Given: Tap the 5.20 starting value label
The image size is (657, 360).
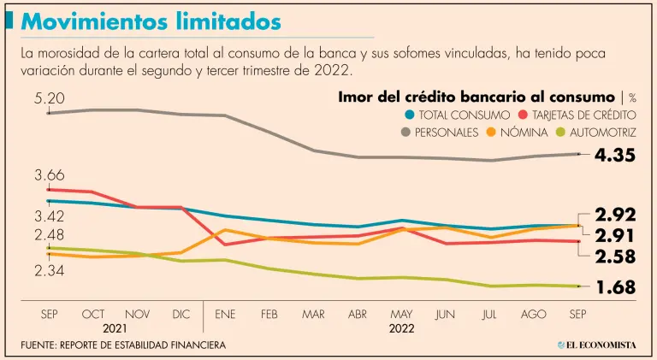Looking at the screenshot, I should click(50, 99).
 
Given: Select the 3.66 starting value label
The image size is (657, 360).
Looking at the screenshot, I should click(50, 175).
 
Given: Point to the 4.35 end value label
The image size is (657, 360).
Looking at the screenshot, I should click(616, 155).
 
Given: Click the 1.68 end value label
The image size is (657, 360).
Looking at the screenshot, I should click(615, 287).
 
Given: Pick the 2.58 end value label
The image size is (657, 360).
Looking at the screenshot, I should click(615, 256).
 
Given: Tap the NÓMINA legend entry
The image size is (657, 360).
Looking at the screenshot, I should click(524, 133).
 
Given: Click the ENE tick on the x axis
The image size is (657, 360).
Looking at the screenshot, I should click(226, 314).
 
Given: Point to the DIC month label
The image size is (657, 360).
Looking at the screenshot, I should click(181, 314).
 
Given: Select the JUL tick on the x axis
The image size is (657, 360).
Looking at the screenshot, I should click(489, 314).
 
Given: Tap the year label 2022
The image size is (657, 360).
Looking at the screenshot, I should click(401, 328).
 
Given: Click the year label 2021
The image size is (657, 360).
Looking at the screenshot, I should click(115, 328).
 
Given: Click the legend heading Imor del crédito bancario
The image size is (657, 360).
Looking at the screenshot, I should click(476, 97).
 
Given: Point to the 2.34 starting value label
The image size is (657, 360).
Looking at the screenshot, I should click(50, 270).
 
